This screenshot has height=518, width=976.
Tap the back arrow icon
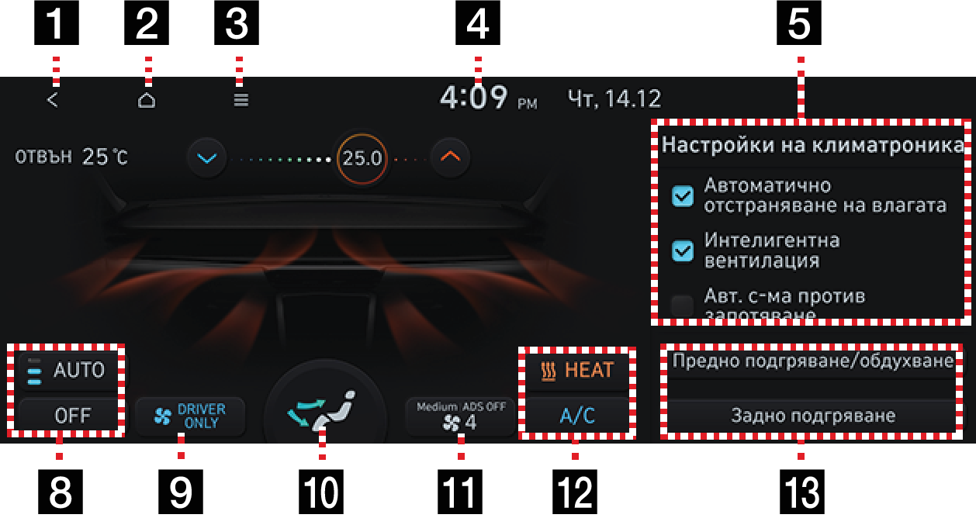point(52,100)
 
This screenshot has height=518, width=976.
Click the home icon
point(147,100)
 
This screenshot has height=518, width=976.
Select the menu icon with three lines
point(241,100)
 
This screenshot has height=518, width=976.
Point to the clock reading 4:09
point(474,98)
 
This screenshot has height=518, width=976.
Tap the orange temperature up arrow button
point(451,157)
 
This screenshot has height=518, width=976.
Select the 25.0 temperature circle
point(362,158)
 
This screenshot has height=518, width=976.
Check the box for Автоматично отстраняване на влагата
point(683,197)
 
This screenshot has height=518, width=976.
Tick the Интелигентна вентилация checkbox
point(683,250)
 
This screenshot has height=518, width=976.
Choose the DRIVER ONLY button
point(189,416)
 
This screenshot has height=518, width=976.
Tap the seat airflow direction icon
point(325,409)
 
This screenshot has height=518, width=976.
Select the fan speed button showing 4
point(460,416)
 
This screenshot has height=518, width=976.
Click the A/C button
point(577,416)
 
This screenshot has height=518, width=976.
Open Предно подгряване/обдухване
point(812,362)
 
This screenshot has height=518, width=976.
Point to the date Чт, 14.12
point(614,99)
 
